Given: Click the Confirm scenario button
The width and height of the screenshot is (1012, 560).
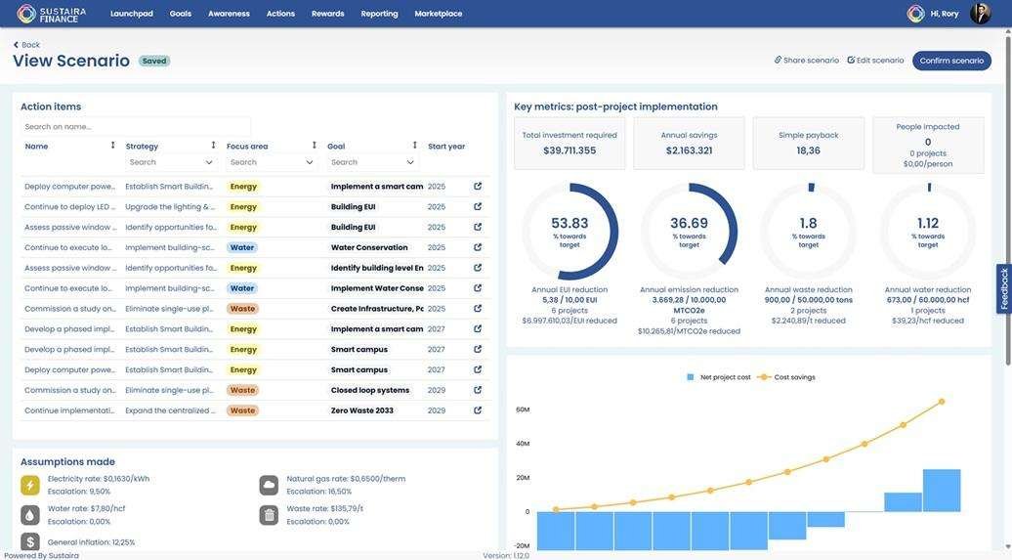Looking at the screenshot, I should point(951,61).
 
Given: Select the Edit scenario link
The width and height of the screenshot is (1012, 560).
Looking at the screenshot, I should point(876,61).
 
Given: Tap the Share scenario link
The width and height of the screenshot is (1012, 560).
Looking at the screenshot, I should point(807,61).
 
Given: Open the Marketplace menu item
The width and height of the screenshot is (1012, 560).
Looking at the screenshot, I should point(439,14).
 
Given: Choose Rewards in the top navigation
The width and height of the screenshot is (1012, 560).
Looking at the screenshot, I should point(328,14).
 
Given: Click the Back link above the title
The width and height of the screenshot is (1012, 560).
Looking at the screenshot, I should point(26,45).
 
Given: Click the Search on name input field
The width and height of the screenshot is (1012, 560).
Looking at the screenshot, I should point(136,126).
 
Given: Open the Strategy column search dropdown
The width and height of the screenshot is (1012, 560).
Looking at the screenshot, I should point(172,162).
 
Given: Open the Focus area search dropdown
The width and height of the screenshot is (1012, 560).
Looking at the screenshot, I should point(273,162).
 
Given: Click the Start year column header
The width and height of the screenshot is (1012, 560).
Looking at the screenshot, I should point(446,147).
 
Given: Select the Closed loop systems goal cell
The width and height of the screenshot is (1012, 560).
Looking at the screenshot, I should point(370,390).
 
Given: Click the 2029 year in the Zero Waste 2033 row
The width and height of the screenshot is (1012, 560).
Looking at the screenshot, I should point(437,410).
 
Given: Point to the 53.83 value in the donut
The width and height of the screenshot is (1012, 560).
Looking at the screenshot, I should point(569,223).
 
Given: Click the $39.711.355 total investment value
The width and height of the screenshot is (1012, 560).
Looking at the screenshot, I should point(569,151).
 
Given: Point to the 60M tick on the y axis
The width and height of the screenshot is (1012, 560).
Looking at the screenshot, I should point(523,409).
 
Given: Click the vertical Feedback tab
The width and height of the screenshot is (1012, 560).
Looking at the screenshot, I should point(1004,289).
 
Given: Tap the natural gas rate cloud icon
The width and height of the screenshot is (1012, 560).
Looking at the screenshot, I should point(269,485).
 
